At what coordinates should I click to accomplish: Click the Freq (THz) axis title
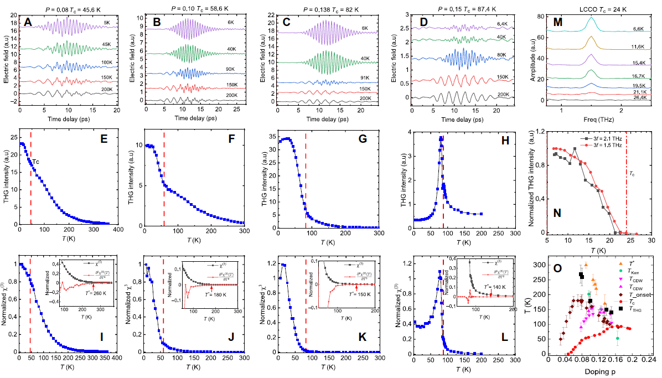[x=593, y=118]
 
